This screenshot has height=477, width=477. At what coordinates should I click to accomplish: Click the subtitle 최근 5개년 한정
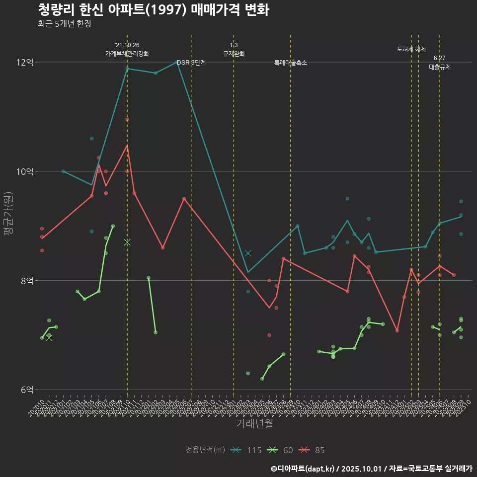pyautogui.click(x=64, y=24)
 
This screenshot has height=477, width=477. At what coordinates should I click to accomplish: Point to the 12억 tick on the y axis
pyautogui.click(x=25, y=62)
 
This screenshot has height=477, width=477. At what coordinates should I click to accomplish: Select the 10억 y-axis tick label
pyautogui.click(x=25, y=171)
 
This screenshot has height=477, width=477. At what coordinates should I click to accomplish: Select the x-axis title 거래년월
pyautogui.click(x=254, y=424)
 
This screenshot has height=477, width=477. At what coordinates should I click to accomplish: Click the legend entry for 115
pyautogui.click(x=247, y=450)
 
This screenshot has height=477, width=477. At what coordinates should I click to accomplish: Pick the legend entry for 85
pyautogui.click(x=313, y=450)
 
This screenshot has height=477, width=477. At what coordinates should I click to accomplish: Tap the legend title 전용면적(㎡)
pyautogui.click(x=205, y=450)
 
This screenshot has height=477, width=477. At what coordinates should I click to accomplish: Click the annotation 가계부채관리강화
pyautogui.click(x=127, y=54)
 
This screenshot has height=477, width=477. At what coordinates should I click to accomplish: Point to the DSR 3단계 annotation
pyautogui.click(x=191, y=63)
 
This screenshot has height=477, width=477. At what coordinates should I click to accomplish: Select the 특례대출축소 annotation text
pyautogui.click(x=291, y=63)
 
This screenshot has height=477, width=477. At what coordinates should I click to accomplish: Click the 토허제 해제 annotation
pyautogui.click(x=411, y=49)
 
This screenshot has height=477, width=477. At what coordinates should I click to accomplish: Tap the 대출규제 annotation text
pyautogui.click(x=440, y=67)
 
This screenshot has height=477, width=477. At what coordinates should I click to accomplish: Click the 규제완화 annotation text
pyautogui.click(x=234, y=54)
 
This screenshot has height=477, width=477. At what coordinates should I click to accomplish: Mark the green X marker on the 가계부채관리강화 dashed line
pyautogui.click(x=127, y=242)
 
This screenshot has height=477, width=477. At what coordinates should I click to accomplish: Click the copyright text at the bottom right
pyautogui.click(x=371, y=468)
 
